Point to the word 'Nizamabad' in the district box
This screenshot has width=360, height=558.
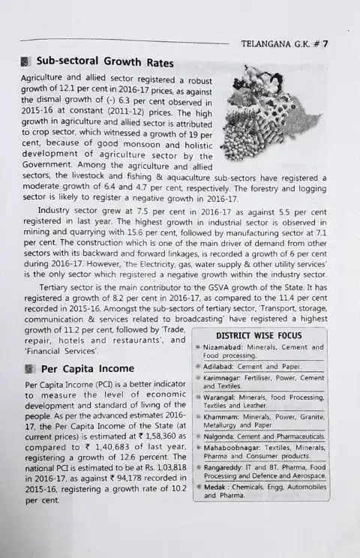click(228, 347)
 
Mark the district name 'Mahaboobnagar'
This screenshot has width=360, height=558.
click(234, 447)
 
